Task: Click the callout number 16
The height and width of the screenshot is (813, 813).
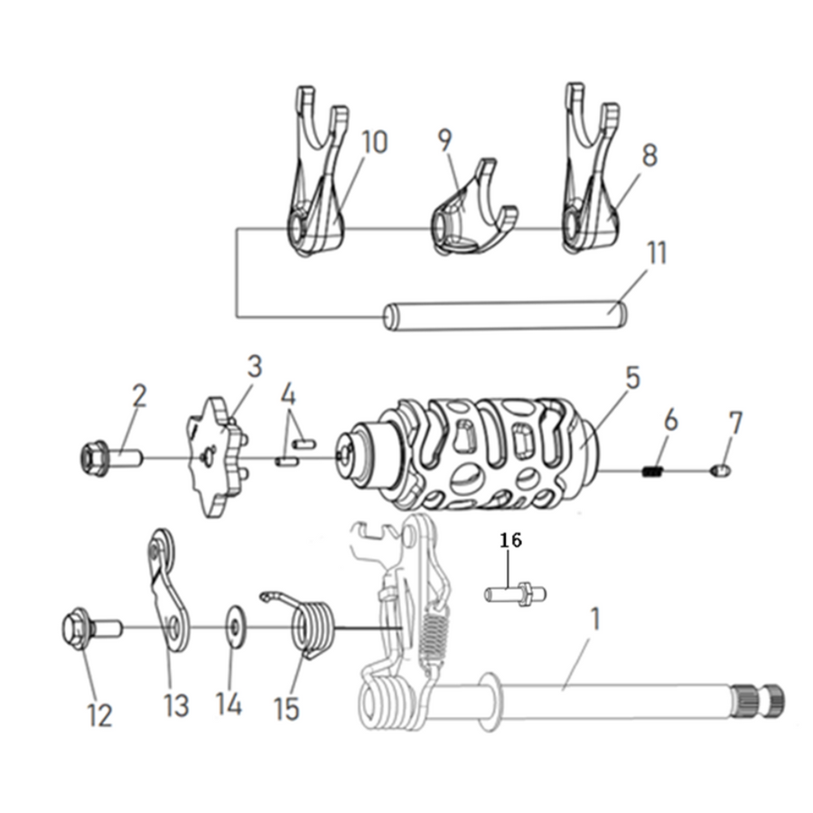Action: (510, 540)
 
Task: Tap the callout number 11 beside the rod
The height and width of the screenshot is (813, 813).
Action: (657, 254)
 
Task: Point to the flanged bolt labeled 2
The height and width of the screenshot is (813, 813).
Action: (111, 458)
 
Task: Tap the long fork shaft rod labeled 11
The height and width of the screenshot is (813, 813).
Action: (506, 314)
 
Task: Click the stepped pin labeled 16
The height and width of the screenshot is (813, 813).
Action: (515, 593)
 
